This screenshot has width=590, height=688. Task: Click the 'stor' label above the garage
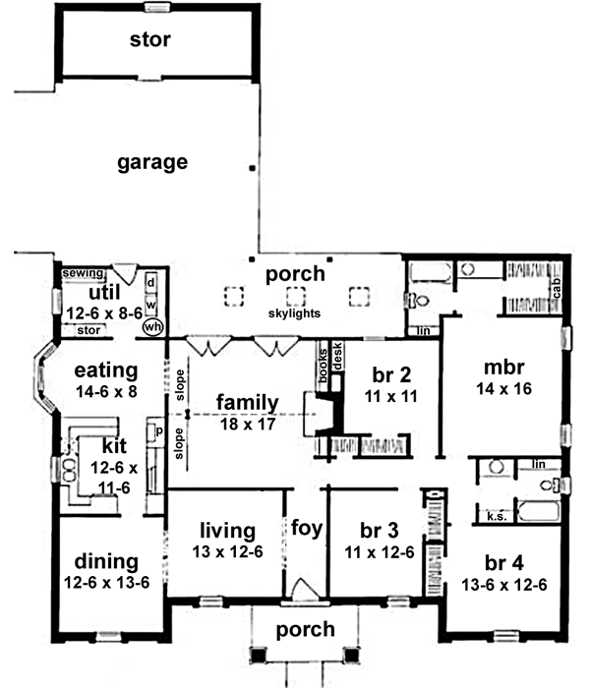[x=149, y=40]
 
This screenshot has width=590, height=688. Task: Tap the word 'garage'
[x=152, y=162]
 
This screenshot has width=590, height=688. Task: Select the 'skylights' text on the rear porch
[x=294, y=314]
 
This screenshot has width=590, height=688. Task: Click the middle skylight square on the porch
[x=295, y=294]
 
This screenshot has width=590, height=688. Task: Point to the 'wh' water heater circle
[x=152, y=326]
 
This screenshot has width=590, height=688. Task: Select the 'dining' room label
[x=104, y=562]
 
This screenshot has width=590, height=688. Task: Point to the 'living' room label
[x=227, y=531]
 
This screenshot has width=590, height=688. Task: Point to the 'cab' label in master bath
[x=557, y=287]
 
